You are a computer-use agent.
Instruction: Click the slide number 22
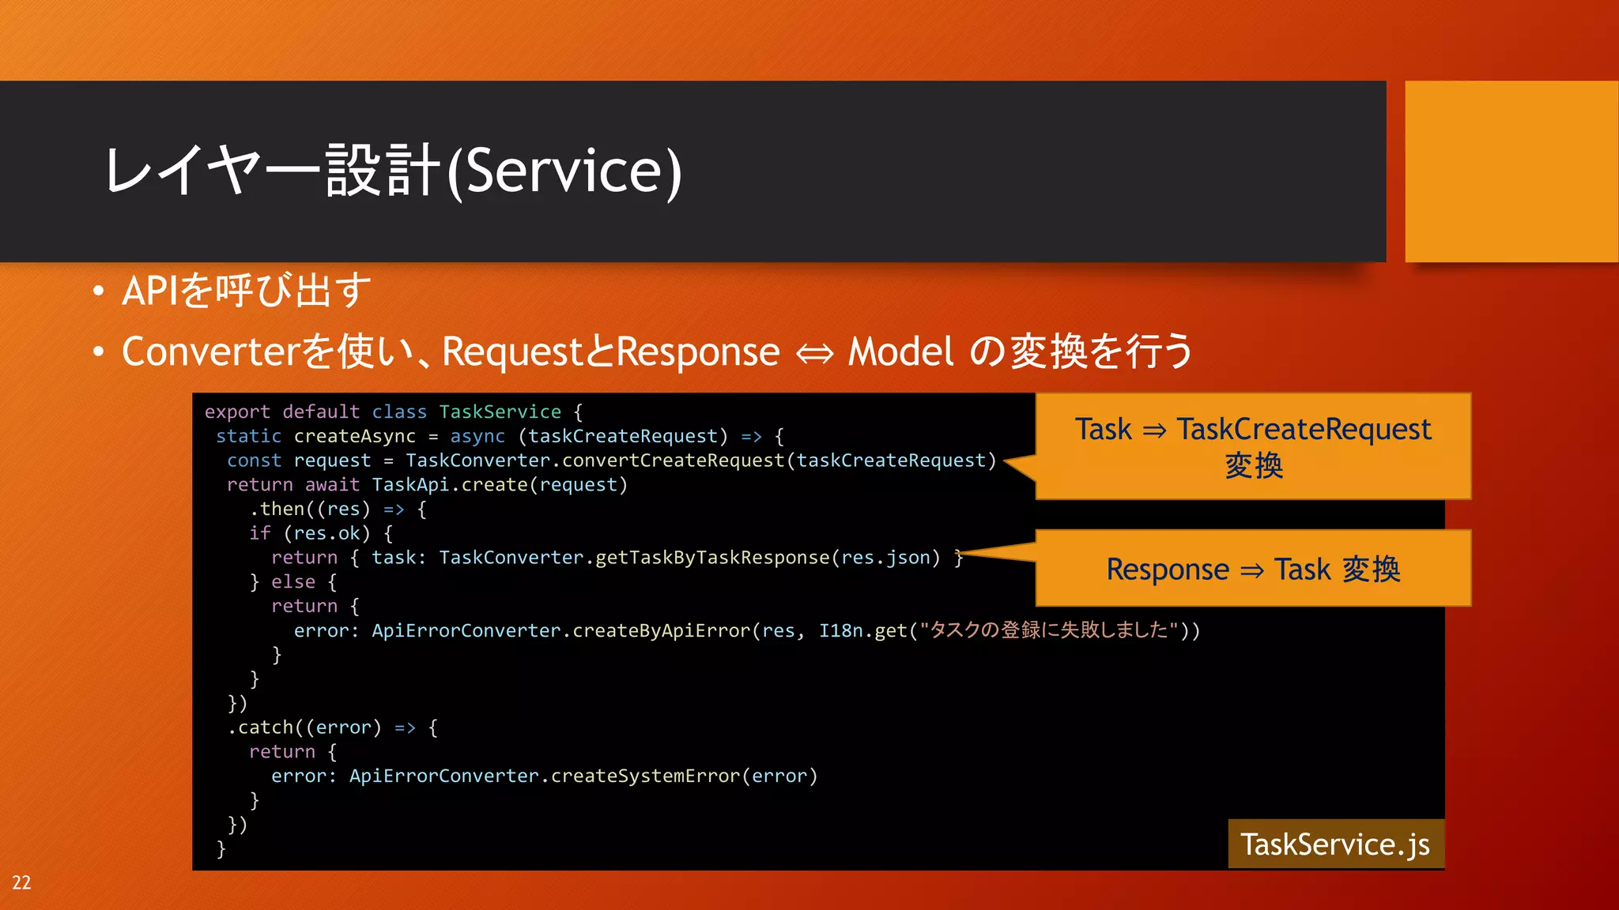pos(21,882)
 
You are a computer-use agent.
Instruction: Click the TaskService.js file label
pos(1334,844)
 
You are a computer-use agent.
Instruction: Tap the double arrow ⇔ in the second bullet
pos(814,353)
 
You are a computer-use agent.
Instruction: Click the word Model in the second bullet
pos(901,352)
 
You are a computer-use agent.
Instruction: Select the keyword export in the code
pos(237,412)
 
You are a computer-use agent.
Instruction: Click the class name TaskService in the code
pos(500,412)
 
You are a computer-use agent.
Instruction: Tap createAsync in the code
pos(354,436)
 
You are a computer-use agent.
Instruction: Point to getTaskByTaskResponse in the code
pos(712,557)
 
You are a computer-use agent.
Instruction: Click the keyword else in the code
pos(293,581)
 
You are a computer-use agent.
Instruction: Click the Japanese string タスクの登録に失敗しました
pos(1049,630)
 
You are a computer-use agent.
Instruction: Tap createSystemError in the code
pos(645,776)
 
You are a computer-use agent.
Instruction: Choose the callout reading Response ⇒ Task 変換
pos(1253,569)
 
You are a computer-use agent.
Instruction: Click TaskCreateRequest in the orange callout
pos(1304,429)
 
